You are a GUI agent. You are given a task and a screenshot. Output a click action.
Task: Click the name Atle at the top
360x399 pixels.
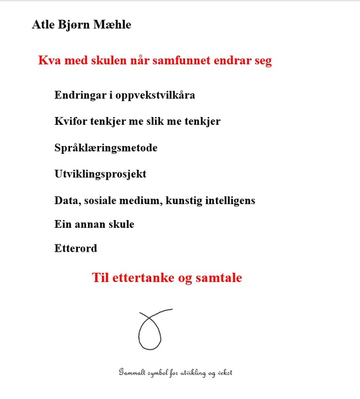[x=44, y=25]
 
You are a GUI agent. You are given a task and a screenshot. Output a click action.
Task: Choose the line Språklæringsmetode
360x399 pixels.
[x=106, y=148]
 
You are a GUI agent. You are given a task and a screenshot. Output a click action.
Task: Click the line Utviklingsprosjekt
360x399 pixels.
[x=100, y=174]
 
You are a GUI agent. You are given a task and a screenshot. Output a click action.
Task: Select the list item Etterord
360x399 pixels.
[x=76, y=248]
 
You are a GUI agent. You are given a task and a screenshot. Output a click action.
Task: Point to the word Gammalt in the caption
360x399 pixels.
[x=132, y=373]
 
